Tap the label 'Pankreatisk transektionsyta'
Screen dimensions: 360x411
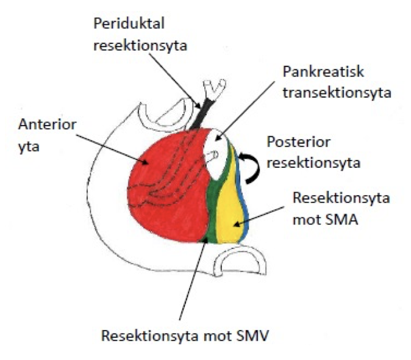tap(328, 82)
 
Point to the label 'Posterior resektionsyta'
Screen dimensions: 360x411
tap(310, 152)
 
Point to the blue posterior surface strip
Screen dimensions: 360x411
tap(245, 195)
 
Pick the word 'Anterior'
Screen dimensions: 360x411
tap(47, 126)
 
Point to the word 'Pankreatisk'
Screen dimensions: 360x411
tap(323, 73)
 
